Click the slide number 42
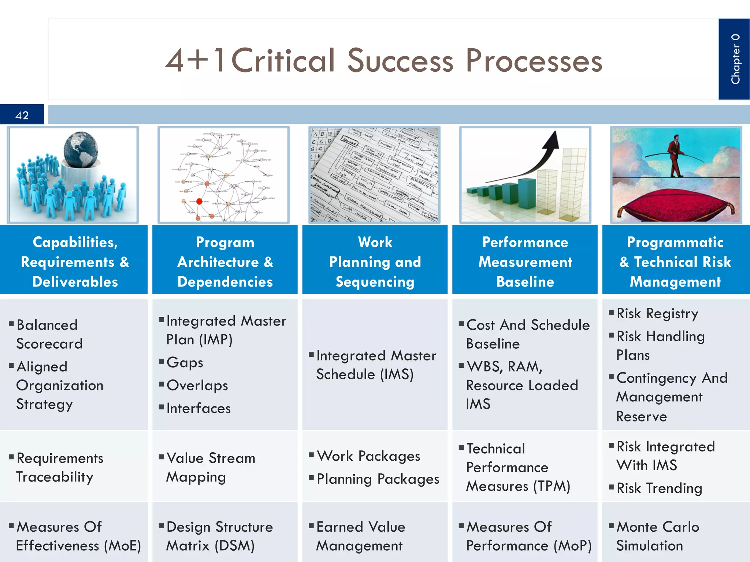point(22,115)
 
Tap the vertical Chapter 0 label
point(735,59)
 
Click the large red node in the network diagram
point(199,201)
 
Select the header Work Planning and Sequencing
point(375,262)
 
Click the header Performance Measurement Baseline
point(525,262)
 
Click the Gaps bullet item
point(185,363)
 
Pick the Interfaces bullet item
point(198,408)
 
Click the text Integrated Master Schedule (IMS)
point(375,365)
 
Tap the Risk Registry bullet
point(657,314)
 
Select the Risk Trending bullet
point(659,488)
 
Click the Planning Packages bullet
point(378,479)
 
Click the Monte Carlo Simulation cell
point(657,536)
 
